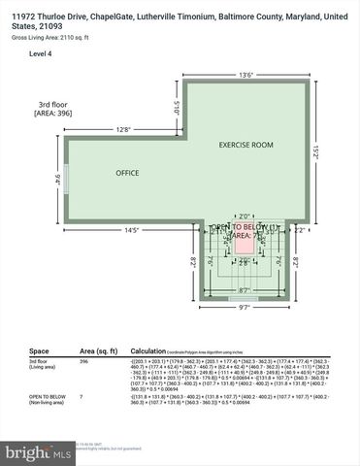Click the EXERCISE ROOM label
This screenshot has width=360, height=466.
[245, 145]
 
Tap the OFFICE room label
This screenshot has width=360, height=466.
[127, 173]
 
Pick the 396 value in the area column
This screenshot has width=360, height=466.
[84, 360]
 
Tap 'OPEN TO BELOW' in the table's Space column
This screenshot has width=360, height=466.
[47, 397]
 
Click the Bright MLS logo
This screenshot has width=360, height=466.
[38, 452]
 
